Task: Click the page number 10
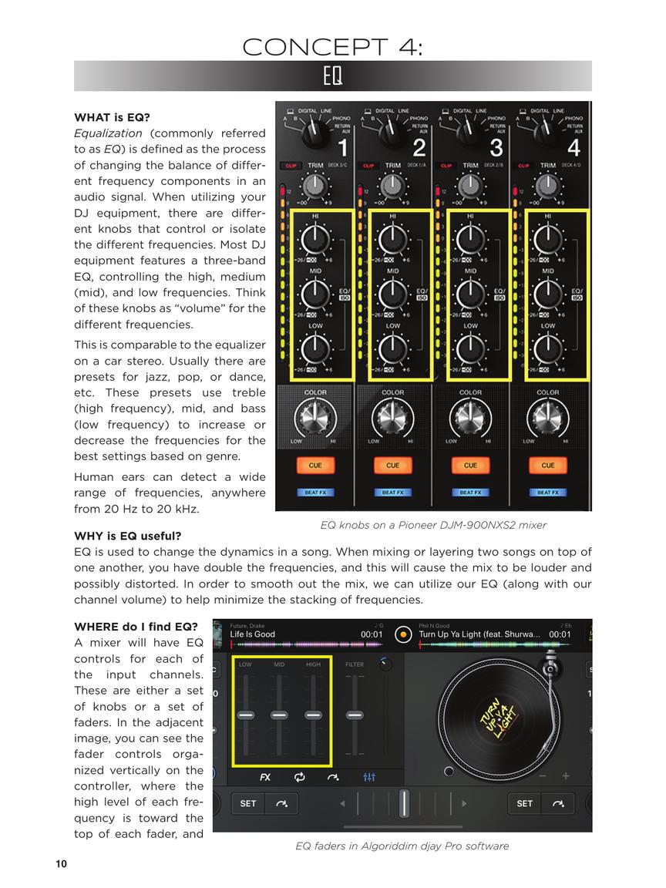(61, 864)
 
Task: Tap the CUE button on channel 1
(315, 465)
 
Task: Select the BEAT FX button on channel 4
(548, 492)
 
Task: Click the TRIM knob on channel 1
(315, 185)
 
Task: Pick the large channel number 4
(573, 147)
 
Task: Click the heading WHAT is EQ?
(112, 118)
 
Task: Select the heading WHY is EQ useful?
(127, 536)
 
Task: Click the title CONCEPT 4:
(332, 47)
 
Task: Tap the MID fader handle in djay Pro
(279, 715)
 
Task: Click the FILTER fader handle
(355, 715)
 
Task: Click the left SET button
(247, 803)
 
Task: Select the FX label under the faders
(265, 777)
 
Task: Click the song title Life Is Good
(252, 634)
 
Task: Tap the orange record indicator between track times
(402, 635)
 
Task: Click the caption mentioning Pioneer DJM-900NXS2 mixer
(433, 525)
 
